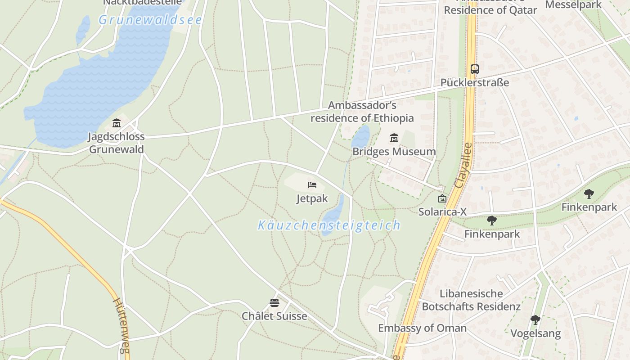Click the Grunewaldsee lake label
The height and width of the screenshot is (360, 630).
[x=150, y=20]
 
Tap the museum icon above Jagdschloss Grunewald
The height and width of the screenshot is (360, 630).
[x=117, y=123]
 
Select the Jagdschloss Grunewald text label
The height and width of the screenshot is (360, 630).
[x=117, y=143]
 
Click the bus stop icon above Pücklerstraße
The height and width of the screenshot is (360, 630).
[x=475, y=69]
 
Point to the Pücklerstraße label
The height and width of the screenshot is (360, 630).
[x=475, y=83]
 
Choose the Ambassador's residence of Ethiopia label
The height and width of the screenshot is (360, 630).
[x=362, y=112]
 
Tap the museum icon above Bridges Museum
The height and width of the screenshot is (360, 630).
[x=394, y=138]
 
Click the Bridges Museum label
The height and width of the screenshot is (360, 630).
[x=394, y=152]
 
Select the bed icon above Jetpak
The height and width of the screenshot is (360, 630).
[x=312, y=185]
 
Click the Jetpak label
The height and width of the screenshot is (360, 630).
[x=312, y=198]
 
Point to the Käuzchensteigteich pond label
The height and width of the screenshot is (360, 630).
[x=329, y=225]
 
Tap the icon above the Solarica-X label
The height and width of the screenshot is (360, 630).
[x=442, y=198]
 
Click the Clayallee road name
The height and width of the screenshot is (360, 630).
[x=463, y=165]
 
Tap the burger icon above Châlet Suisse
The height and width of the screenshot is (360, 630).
[x=274, y=302]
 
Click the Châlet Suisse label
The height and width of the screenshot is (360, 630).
[x=274, y=316]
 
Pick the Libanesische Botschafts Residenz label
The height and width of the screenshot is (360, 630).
[x=471, y=300]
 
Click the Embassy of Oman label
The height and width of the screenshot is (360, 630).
[x=422, y=328]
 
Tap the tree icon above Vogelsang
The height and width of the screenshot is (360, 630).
[x=535, y=320]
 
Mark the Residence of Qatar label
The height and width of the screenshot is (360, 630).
[x=490, y=10]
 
